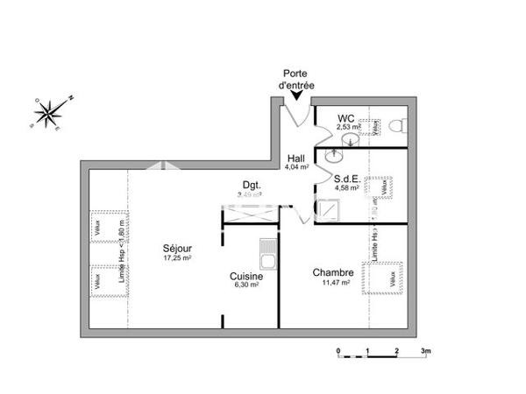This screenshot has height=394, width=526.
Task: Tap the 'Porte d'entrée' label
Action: pos(295,80)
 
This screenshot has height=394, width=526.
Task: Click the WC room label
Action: pos(348,118)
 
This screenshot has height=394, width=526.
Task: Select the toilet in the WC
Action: pos(399,127)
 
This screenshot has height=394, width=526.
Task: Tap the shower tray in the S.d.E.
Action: pos(330,210)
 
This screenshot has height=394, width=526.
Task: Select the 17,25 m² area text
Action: pos(177,258)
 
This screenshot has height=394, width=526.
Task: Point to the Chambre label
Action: pos(332,272)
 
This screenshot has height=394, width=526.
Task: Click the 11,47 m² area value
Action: pos(337,283)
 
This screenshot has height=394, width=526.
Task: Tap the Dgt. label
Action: pos(252,184)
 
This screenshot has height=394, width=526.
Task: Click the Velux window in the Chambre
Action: pos(385,275)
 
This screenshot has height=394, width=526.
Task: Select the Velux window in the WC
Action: pos(373,128)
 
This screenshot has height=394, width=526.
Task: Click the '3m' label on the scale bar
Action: pos(426,350)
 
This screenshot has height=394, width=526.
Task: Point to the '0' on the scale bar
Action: pos(338,350)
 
